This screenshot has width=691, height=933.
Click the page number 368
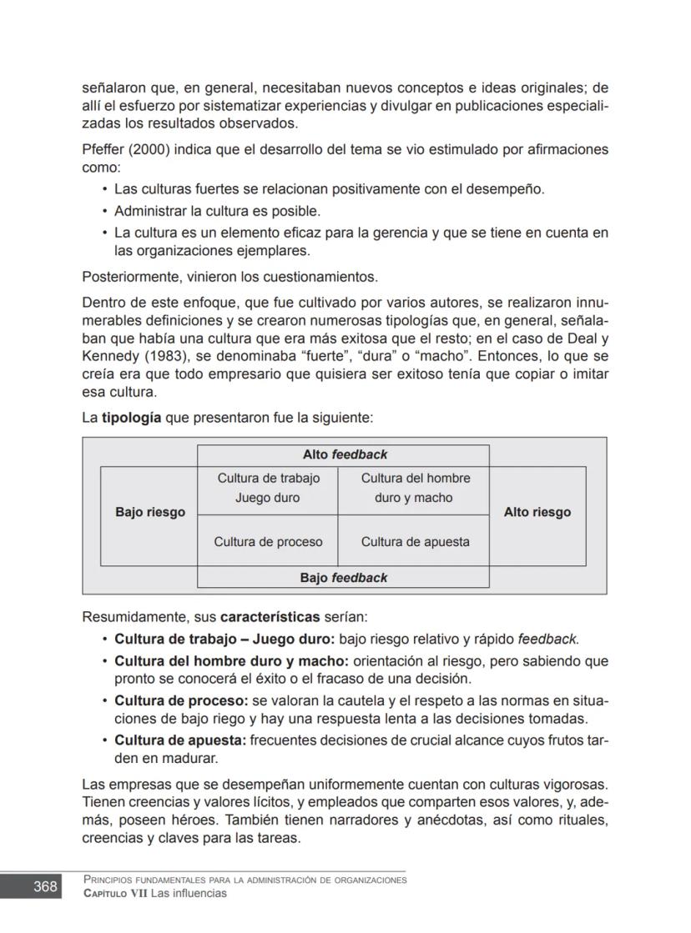point(45,886)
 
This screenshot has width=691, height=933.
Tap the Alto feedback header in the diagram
point(344,454)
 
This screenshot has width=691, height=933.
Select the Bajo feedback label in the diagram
point(343,577)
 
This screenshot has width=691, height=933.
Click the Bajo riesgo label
point(150,512)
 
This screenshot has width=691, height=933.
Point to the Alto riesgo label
point(537,512)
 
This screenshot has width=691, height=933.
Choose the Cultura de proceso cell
point(268,541)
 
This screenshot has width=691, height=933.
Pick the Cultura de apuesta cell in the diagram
point(415,541)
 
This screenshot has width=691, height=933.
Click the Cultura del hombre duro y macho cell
point(415,488)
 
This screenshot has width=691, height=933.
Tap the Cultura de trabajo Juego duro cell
point(268,488)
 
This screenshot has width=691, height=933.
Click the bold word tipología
point(132,416)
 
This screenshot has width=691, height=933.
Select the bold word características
point(270,618)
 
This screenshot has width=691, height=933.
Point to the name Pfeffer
point(103,150)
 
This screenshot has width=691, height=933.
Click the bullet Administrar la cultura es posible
point(217,211)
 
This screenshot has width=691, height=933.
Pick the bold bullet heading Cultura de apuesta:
point(179,740)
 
